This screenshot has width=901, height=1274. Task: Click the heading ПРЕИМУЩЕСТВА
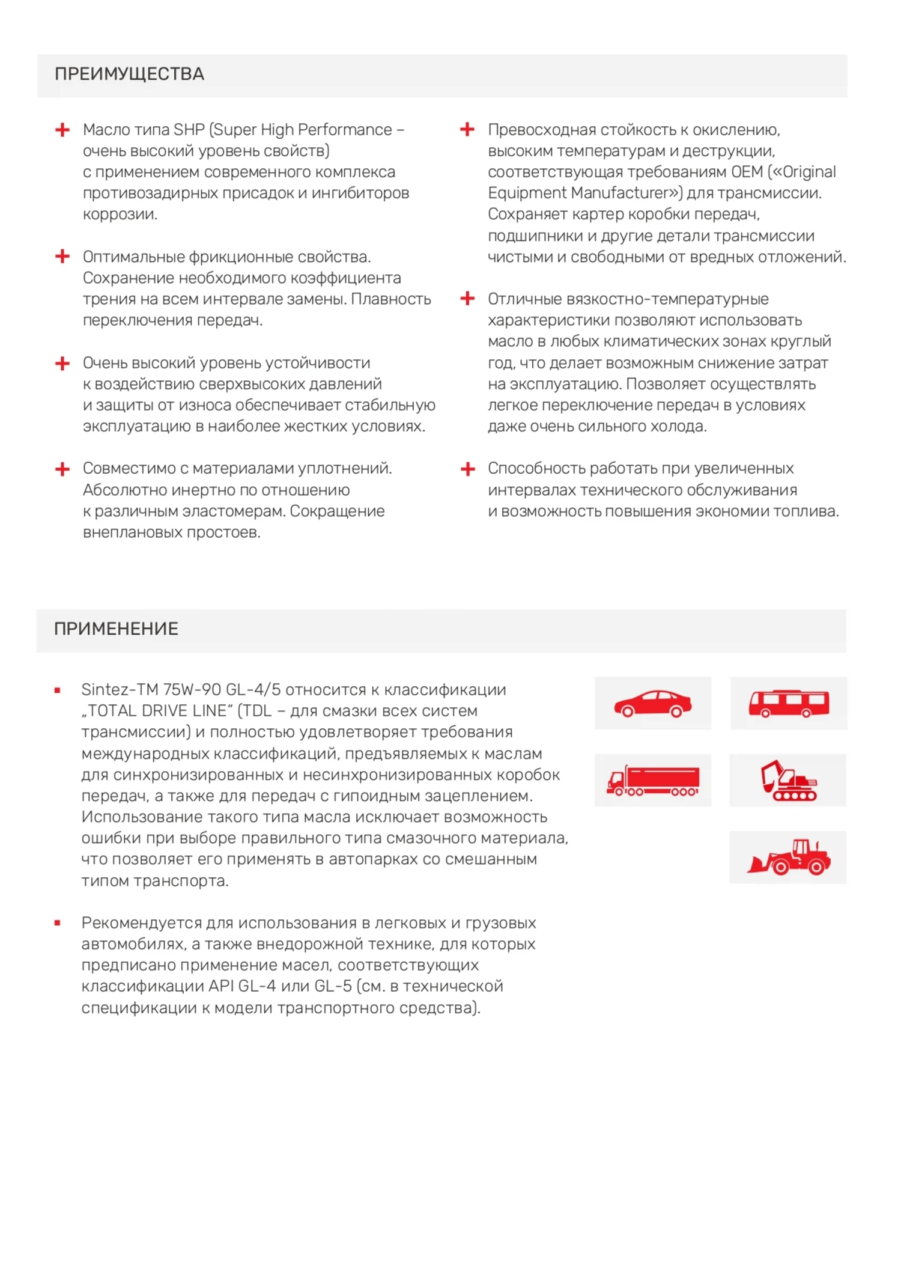[x=129, y=74]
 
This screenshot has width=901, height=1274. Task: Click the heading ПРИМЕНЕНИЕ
[x=116, y=629]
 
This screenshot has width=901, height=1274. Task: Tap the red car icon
[x=653, y=703]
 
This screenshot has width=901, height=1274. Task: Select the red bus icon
[x=789, y=703]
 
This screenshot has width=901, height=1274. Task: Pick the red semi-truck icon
[x=653, y=781]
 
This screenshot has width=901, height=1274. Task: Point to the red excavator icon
[x=788, y=781]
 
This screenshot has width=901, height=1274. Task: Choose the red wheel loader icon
[x=788, y=858]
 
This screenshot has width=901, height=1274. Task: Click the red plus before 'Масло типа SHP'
[x=62, y=130]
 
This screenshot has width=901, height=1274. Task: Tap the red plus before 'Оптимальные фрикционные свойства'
[x=62, y=257]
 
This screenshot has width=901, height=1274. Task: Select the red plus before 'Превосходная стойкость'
[x=467, y=129]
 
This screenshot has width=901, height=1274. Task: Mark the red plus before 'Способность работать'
[x=467, y=469]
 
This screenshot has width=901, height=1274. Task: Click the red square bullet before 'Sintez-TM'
[x=58, y=690]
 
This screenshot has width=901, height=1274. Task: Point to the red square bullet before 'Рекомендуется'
[x=58, y=923]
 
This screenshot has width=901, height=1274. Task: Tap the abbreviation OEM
[x=747, y=172]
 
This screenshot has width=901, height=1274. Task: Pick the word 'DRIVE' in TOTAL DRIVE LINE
[x=168, y=711]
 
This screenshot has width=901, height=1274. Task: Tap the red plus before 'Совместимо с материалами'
[x=62, y=469]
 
